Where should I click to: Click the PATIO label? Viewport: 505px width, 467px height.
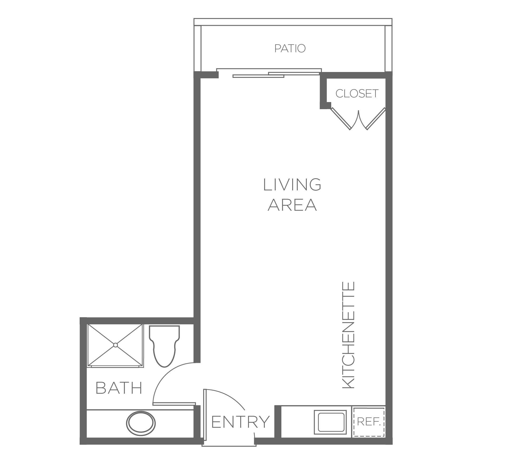click(290, 49)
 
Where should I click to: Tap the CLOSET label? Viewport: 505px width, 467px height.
click(357, 93)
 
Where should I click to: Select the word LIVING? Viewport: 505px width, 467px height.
click(292, 185)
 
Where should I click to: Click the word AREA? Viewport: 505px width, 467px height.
click(292, 205)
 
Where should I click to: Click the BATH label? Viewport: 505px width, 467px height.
click(119, 388)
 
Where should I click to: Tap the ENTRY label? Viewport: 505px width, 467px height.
click(241, 422)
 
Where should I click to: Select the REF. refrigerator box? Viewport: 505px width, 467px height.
click(369, 422)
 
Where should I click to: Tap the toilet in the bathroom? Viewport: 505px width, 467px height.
click(164, 346)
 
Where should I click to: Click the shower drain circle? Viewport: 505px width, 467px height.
click(115, 345)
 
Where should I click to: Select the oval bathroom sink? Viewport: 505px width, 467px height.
click(141, 423)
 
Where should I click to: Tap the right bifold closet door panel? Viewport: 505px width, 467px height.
click(376, 119)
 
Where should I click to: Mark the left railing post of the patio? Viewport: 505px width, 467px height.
click(198, 49)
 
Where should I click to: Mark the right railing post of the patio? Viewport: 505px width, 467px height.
click(388, 49)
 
